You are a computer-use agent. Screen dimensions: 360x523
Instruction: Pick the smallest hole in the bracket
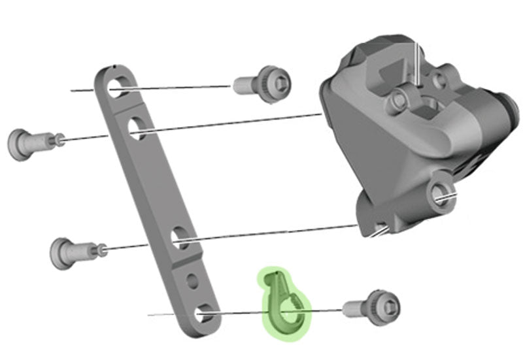192,282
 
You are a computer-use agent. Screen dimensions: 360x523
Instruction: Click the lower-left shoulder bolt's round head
64,252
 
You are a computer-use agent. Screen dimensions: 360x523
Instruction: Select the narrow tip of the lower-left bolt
102,248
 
